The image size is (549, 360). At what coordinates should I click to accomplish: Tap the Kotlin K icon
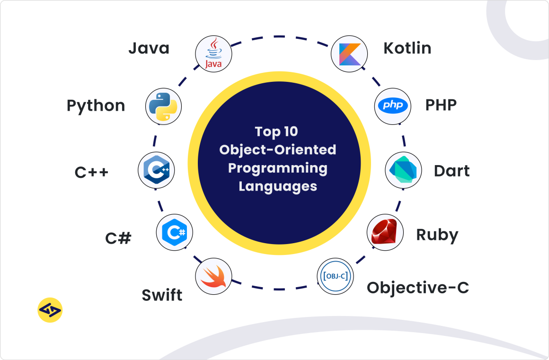pos(349,54)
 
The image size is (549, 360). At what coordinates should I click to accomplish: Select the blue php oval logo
pos(393,105)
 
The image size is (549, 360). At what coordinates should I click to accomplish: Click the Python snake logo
pos(163,107)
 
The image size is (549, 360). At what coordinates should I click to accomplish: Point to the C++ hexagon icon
pos(157,170)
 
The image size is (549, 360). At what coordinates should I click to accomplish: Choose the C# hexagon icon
pos(175,232)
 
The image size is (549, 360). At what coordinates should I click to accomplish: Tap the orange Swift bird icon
pos(213,276)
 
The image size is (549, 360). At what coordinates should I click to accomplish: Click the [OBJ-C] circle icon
pos(335,276)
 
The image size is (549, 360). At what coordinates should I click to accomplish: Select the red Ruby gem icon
pos(384,232)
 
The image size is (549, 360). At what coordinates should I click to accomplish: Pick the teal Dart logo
pos(403,170)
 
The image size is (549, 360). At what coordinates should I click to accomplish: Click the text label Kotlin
pos(407,48)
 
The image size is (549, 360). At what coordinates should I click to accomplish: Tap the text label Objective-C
pos(418,288)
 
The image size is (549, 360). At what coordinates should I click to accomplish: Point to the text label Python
pos(96,106)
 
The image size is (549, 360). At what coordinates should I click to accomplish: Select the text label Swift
pos(162,295)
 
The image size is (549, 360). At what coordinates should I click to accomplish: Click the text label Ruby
pos(437,235)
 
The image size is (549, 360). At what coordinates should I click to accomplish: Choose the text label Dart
pos(452,171)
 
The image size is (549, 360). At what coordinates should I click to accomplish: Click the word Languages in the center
pos(278,186)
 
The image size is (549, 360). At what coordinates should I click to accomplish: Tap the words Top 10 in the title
pos(276,132)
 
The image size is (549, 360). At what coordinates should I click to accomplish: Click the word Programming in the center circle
pos(278,168)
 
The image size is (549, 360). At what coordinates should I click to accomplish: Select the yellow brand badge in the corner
pos(50,310)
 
